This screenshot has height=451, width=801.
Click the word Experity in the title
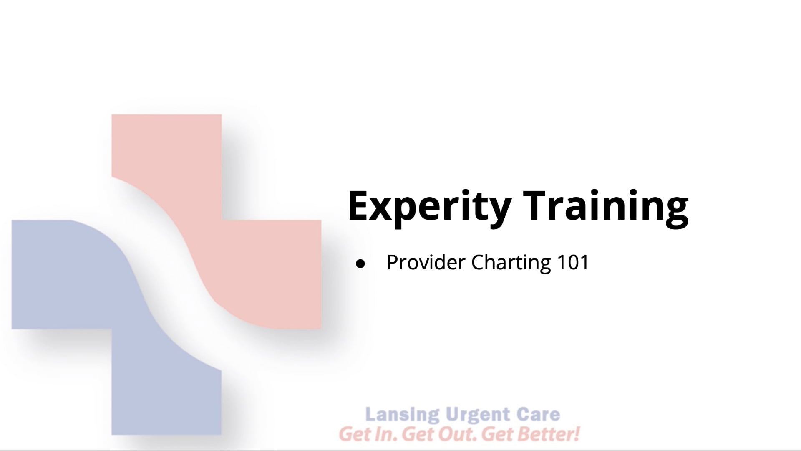(x=429, y=207)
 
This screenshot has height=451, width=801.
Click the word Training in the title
(x=605, y=207)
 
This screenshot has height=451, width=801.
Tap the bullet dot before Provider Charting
(x=360, y=264)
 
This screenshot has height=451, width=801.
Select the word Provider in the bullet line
(x=426, y=263)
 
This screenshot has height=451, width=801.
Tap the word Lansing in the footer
(x=402, y=415)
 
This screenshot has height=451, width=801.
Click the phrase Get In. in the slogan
(x=368, y=434)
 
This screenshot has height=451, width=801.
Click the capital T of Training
(x=535, y=206)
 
